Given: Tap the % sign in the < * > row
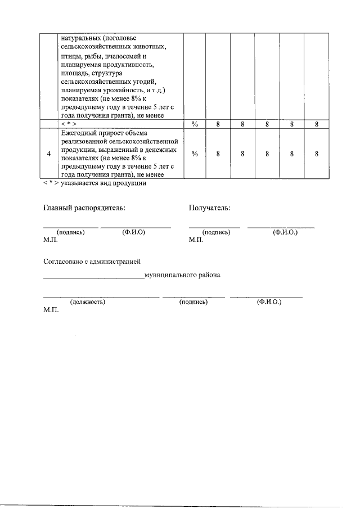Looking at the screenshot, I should tap(195, 125).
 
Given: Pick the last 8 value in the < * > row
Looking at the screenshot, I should tap(317, 125).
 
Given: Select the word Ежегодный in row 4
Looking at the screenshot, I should tap(78, 133).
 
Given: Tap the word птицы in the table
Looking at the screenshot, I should tap(69, 57).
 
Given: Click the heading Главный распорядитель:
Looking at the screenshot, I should tap(84, 208).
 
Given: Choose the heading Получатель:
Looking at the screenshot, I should tap(209, 208).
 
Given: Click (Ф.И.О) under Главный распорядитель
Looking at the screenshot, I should tap(133, 232).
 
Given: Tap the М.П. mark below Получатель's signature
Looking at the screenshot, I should tap(196, 240).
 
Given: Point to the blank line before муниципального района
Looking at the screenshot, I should tap(93, 277).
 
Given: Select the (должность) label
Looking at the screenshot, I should tap(87, 302).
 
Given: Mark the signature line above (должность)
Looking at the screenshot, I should tap(101, 296).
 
